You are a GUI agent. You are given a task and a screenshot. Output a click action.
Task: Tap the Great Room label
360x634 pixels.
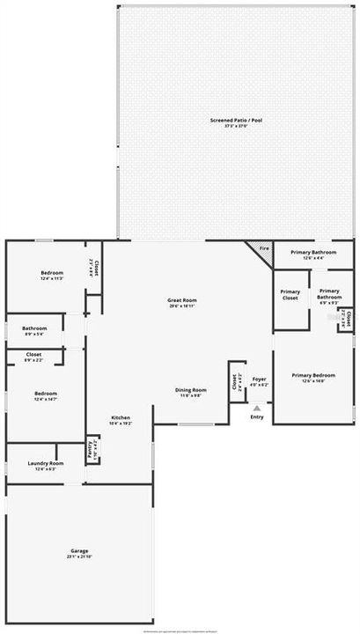(180, 300)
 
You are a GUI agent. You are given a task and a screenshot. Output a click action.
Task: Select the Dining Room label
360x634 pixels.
(191, 389)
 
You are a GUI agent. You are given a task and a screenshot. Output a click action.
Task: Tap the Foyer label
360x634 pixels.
(259, 379)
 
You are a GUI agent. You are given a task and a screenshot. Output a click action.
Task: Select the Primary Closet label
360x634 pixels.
(290, 295)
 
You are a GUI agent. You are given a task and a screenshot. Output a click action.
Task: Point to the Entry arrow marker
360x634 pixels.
(257, 408)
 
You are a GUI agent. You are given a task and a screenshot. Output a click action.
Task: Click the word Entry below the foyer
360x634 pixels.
(257, 417)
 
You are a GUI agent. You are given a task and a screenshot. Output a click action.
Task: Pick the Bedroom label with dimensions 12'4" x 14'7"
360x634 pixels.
(46, 393)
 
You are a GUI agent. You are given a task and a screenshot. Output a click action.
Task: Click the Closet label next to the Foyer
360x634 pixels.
(235, 382)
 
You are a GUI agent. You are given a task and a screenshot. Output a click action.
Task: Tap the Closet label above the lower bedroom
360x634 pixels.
(33, 355)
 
